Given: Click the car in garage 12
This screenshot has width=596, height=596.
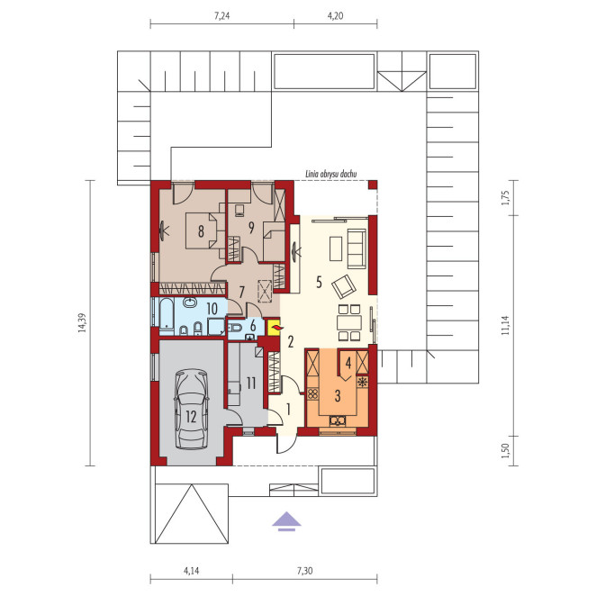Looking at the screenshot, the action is pyautogui.click(x=191, y=409).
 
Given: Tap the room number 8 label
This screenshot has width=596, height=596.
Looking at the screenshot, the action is pyautogui.click(x=201, y=230).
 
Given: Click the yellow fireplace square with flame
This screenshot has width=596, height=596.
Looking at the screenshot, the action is pyautogui.click(x=274, y=328).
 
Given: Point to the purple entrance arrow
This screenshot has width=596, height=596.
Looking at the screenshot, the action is pyautogui.click(x=286, y=520).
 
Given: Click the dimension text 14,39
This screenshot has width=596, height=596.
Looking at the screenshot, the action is pyautogui.click(x=82, y=322).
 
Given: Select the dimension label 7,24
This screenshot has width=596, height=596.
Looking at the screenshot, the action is pyautogui.click(x=222, y=16).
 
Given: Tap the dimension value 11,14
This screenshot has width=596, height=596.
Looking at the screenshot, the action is pyautogui.click(x=505, y=325).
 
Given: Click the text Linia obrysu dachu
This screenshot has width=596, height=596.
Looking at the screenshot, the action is pyautogui.click(x=331, y=175).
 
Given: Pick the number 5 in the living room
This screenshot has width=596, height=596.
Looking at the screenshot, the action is pyautogui.click(x=319, y=282).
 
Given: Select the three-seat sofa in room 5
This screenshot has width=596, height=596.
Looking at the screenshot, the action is pyautogui.click(x=357, y=248).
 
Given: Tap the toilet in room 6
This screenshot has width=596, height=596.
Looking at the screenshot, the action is pyautogui.click(x=234, y=328).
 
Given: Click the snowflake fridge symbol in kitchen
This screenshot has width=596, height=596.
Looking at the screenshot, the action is pyautogui.click(x=363, y=382).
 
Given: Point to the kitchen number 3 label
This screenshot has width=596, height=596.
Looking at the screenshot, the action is pyautogui.click(x=338, y=396).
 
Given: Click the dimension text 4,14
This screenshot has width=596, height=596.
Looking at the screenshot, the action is pyautogui.click(x=191, y=571).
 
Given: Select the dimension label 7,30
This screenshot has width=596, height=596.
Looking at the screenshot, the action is pyautogui.click(x=305, y=571).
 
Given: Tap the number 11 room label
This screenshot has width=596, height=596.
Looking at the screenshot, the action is pyautogui.click(x=251, y=384).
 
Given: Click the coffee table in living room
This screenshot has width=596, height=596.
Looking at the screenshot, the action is pyautogui.click(x=336, y=248).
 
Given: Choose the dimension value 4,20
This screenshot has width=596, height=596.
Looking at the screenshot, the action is pyautogui.click(x=336, y=16).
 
